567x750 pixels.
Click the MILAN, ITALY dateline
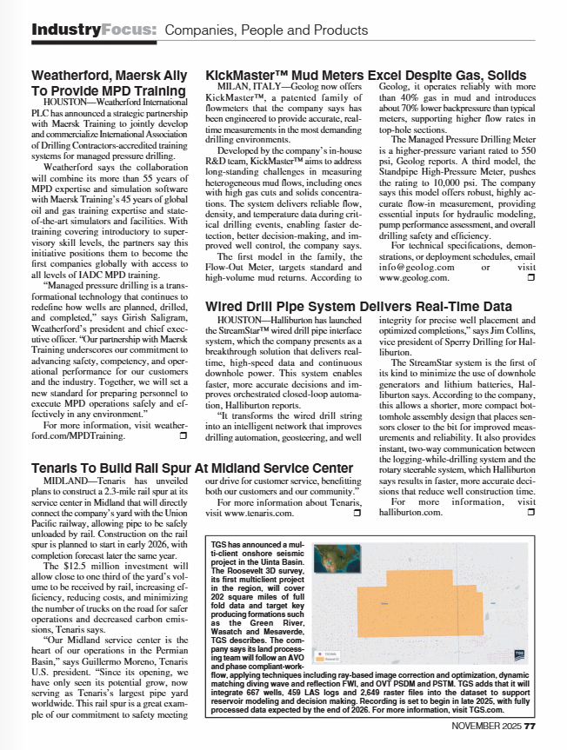(241, 87)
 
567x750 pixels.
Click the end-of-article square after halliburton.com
(531, 513)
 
